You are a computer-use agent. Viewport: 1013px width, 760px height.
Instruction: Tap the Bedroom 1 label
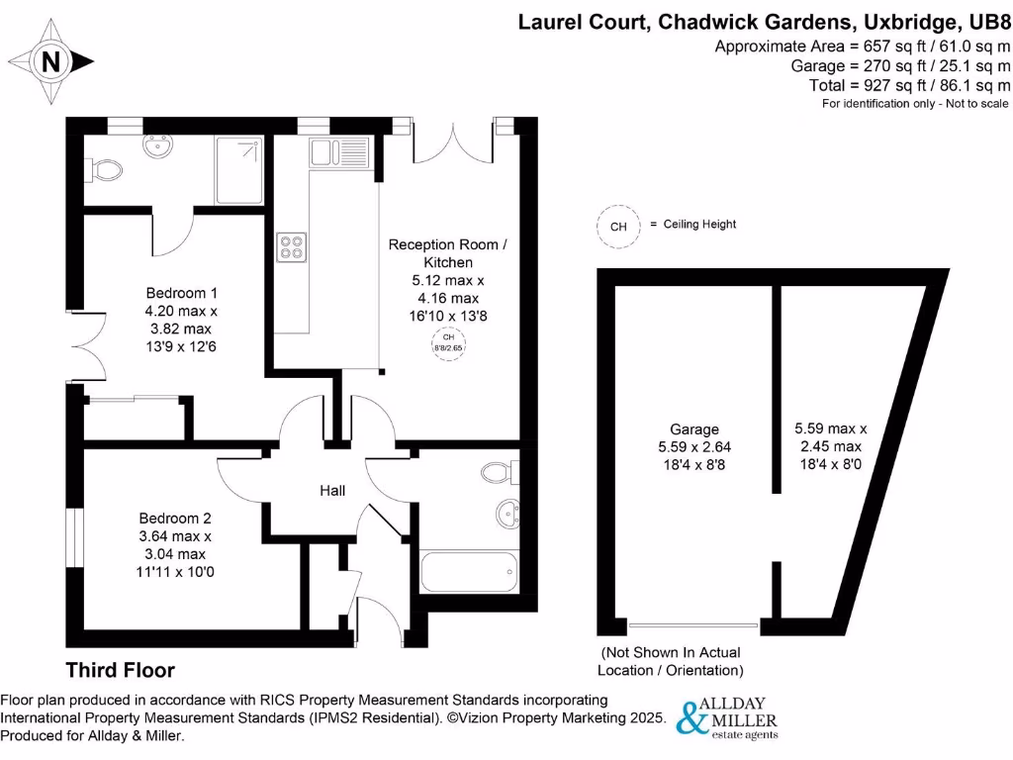coord(181,293)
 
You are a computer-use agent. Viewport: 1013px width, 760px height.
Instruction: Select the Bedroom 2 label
coord(175,518)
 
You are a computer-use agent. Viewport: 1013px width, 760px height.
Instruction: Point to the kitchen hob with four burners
coord(291,246)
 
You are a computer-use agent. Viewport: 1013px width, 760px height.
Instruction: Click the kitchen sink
coord(339,152)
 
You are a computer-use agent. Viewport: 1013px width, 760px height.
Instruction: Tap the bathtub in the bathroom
coord(469,572)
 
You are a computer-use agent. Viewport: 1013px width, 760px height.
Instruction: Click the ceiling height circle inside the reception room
coord(447,342)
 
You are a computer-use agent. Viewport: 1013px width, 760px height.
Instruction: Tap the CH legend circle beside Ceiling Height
coord(618,226)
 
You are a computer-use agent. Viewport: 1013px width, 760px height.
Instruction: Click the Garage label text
coord(694,429)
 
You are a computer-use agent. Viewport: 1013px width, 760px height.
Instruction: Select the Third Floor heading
coord(120,670)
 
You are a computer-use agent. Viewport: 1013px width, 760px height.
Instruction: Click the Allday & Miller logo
coord(727,717)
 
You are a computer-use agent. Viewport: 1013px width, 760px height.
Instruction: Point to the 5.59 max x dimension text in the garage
coord(830,428)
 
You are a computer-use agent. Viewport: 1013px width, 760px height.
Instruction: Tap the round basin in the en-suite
coord(155,148)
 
